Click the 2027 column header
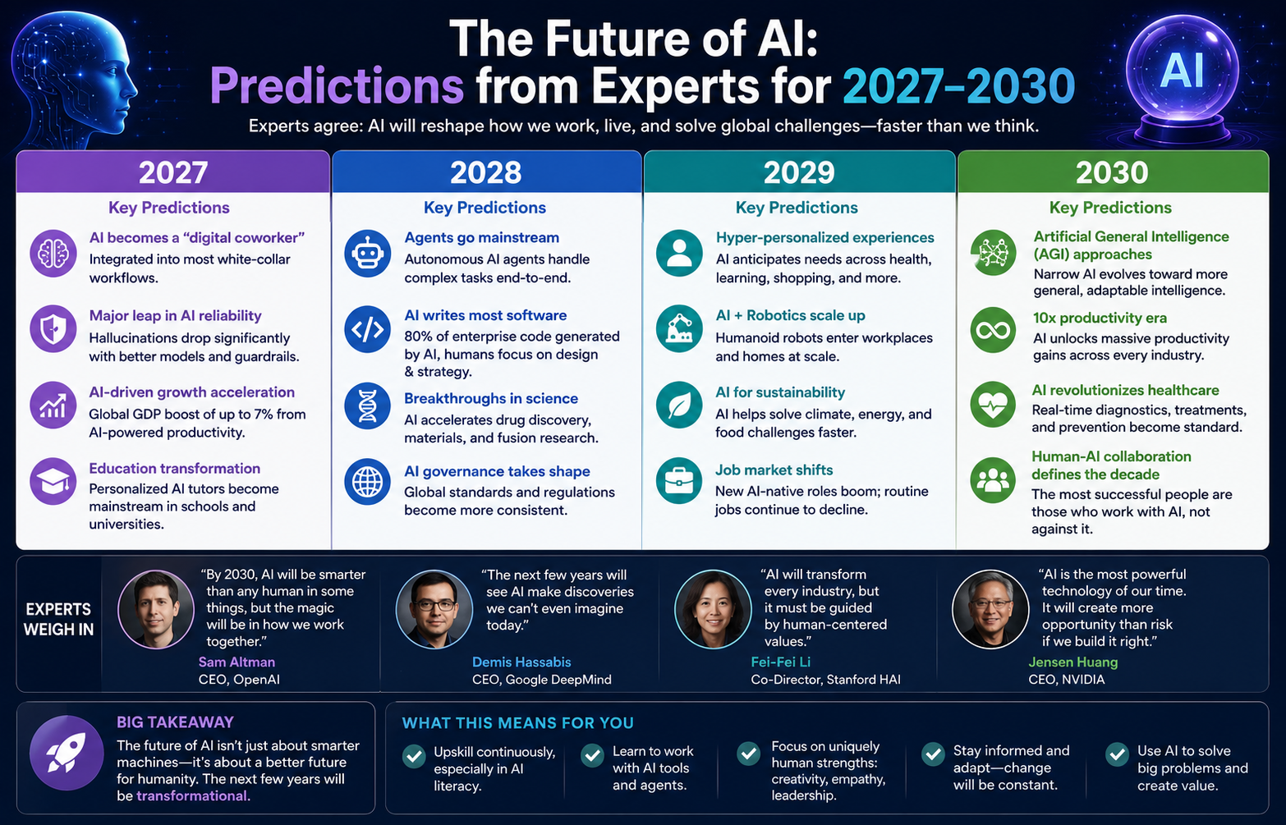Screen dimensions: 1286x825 pyautogui.click(x=172, y=172)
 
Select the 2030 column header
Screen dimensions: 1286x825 pyautogui.click(x=1113, y=172)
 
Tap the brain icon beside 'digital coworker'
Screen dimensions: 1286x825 pyautogui.click(x=53, y=253)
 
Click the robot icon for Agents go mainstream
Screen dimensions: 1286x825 pyautogui.click(x=367, y=253)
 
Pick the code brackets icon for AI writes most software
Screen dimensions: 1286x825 pyautogui.click(x=367, y=329)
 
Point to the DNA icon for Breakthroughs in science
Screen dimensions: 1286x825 pyautogui.click(x=367, y=406)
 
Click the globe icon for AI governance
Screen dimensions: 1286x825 pyautogui.click(x=367, y=481)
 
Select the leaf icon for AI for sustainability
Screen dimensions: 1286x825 pyautogui.click(x=679, y=405)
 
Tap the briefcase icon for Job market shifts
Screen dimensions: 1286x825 pyautogui.click(x=679, y=481)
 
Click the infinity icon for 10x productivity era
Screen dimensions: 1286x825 pyautogui.click(x=993, y=330)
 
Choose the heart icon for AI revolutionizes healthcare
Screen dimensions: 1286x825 pyautogui.click(x=993, y=405)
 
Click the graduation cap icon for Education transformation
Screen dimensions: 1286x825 pyautogui.click(x=53, y=481)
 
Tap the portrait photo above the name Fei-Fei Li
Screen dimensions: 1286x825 pyautogui.click(x=713, y=609)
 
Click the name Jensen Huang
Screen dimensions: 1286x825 pyautogui.click(x=1073, y=662)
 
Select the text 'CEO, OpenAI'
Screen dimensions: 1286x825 pyautogui.click(x=239, y=680)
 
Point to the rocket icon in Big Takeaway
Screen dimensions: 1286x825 pyautogui.click(x=67, y=753)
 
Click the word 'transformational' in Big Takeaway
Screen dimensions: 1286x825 pyautogui.click(x=191, y=795)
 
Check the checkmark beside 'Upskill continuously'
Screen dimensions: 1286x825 pyautogui.click(x=414, y=756)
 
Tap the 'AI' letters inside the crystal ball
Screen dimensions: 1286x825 pyautogui.click(x=1182, y=71)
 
